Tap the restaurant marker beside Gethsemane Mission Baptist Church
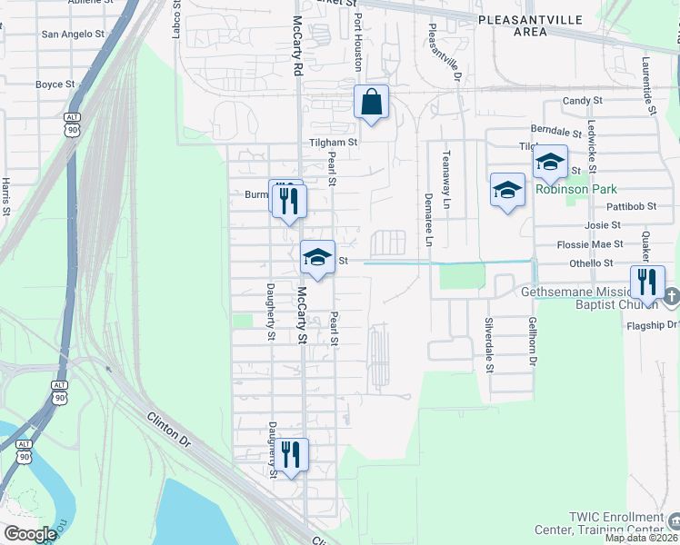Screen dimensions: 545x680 pos(647,282)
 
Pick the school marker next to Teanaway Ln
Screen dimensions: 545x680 pos(507,190)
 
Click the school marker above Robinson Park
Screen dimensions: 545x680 pos(550,163)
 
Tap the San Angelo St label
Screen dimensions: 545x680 pos(74,35)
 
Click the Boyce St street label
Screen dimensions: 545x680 pos(55,84)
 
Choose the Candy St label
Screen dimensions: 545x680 pos(583,101)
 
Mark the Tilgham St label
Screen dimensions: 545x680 pos(334,143)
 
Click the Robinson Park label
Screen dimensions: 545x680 pos(576,190)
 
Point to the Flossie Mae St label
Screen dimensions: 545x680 pos(592,244)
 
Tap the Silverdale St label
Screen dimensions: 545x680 pos(488,345)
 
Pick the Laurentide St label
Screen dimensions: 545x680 pos(649,85)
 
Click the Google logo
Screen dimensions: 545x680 pos(30,534)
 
